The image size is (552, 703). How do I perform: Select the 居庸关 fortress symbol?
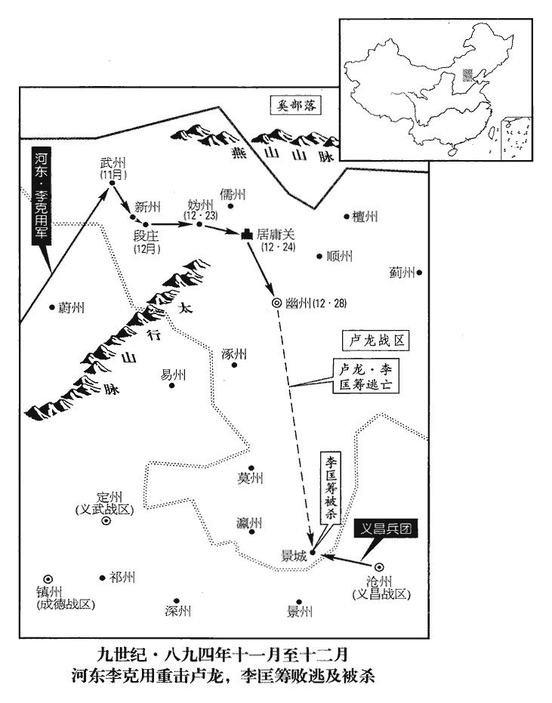pyautogui.click(x=246, y=236)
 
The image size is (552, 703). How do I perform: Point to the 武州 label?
pyautogui.click(x=111, y=163)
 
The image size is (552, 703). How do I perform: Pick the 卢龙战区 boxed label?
pyautogui.click(x=374, y=341)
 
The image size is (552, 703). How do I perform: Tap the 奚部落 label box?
pyautogui.click(x=297, y=107)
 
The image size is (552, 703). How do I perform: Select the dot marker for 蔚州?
pyautogui.click(x=51, y=307)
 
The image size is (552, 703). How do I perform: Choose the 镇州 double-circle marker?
pyautogui.click(x=48, y=577)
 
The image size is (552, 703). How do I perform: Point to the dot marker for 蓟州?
pyautogui.click(x=419, y=273)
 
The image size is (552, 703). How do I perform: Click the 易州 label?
pyautogui.click(x=171, y=374)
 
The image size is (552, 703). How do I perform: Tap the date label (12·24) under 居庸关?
pyautogui.click(x=273, y=248)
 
